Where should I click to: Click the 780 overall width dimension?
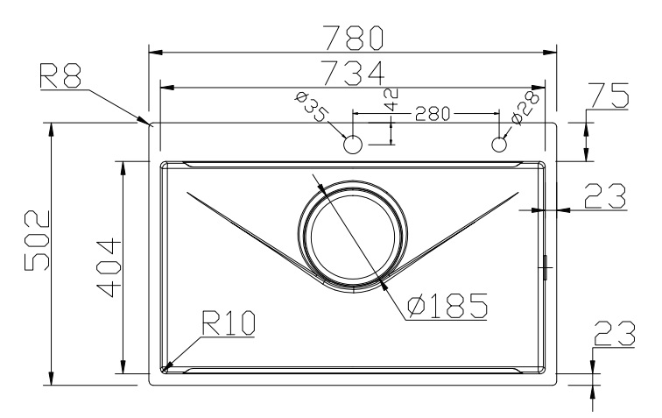[354, 37]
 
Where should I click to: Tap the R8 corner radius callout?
[60, 78]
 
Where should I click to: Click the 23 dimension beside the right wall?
[604, 195]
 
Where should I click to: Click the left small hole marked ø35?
[353, 145]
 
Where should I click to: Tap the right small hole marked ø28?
[500, 144]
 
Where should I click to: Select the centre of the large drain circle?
[353, 236]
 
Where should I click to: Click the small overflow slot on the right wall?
[545, 266]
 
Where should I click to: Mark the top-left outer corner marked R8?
[151, 124]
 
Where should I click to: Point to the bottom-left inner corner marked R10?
[163, 368]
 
